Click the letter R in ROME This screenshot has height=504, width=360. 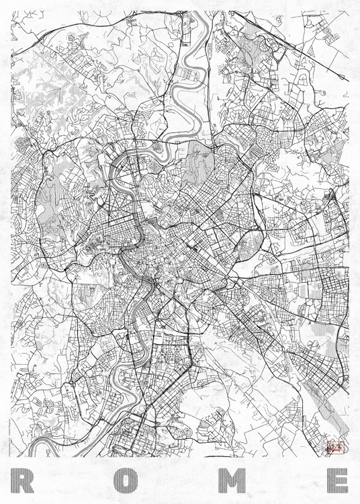(23, 481)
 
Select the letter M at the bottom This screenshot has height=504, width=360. (234, 481)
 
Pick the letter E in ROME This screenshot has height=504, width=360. (336, 481)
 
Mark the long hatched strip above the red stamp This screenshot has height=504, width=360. (316, 390)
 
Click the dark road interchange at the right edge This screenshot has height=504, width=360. (331, 196)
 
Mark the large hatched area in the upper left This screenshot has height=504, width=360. (47, 101)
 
